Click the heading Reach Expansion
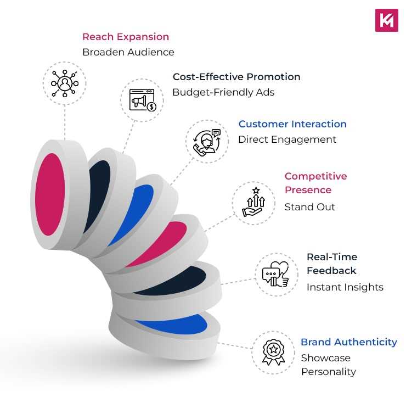(x=126, y=37)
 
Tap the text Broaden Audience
(x=128, y=52)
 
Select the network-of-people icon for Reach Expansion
(x=65, y=83)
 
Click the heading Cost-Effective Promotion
(x=236, y=77)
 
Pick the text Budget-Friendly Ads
(x=223, y=92)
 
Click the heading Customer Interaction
(x=292, y=124)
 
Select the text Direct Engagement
(x=287, y=139)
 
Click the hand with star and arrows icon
(x=254, y=203)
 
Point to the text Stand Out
(x=309, y=207)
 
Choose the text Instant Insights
(x=345, y=287)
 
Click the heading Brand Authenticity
(x=348, y=342)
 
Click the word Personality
(x=328, y=372)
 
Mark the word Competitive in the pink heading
(x=315, y=176)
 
